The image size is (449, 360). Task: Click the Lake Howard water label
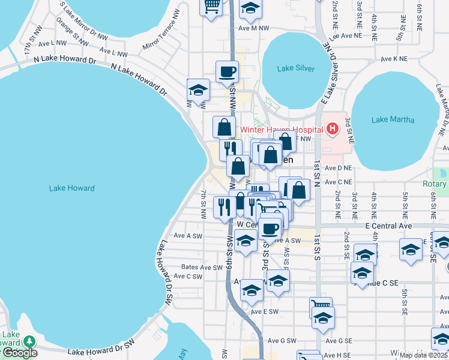(71, 188)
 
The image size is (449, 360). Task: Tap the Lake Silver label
(296, 68)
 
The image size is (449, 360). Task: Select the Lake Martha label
(393, 119)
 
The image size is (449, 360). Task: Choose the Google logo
(20, 353)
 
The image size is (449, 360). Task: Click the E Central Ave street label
(389, 226)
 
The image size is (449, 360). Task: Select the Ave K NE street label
(394, 59)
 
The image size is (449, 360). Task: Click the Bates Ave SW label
(202, 268)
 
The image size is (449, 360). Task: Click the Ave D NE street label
(337, 168)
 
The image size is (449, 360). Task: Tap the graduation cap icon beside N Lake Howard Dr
(198, 91)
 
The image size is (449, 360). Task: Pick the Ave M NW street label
(253, 28)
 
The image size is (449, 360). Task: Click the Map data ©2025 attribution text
(424, 355)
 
